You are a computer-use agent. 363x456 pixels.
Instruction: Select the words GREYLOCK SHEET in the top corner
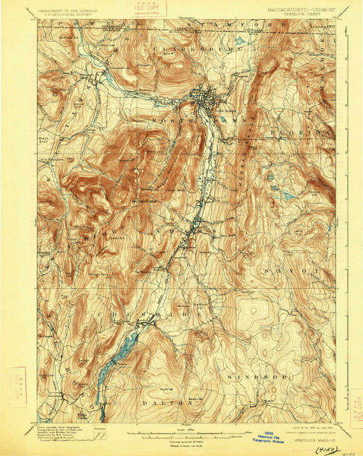click(304, 13)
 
